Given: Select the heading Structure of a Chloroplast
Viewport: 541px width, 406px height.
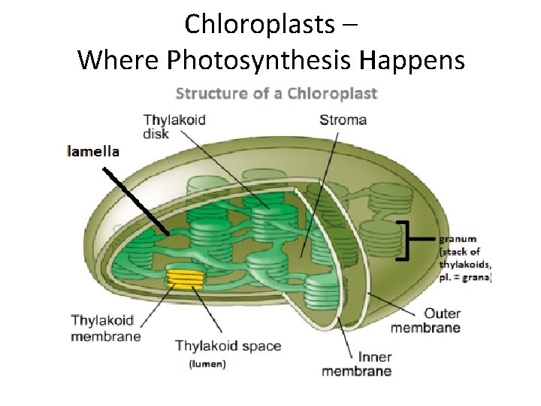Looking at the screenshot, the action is (276, 94).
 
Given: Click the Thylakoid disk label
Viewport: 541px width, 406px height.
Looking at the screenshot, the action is (174, 126).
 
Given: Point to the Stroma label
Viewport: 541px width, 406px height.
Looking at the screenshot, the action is (343, 120).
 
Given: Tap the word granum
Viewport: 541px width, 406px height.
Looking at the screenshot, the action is (458, 240).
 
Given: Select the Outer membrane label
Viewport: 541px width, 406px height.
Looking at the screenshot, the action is (425, 320).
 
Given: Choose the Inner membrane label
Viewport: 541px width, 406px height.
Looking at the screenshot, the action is (356, 364).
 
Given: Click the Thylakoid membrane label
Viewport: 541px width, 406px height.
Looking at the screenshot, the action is (106, 329).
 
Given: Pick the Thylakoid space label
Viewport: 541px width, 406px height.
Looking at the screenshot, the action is (228, 347).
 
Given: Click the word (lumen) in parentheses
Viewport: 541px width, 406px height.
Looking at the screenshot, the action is (207, 365).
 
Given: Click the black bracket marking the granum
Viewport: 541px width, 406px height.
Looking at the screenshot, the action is (406, 240).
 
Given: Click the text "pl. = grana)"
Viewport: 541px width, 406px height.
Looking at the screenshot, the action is (466, 277).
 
